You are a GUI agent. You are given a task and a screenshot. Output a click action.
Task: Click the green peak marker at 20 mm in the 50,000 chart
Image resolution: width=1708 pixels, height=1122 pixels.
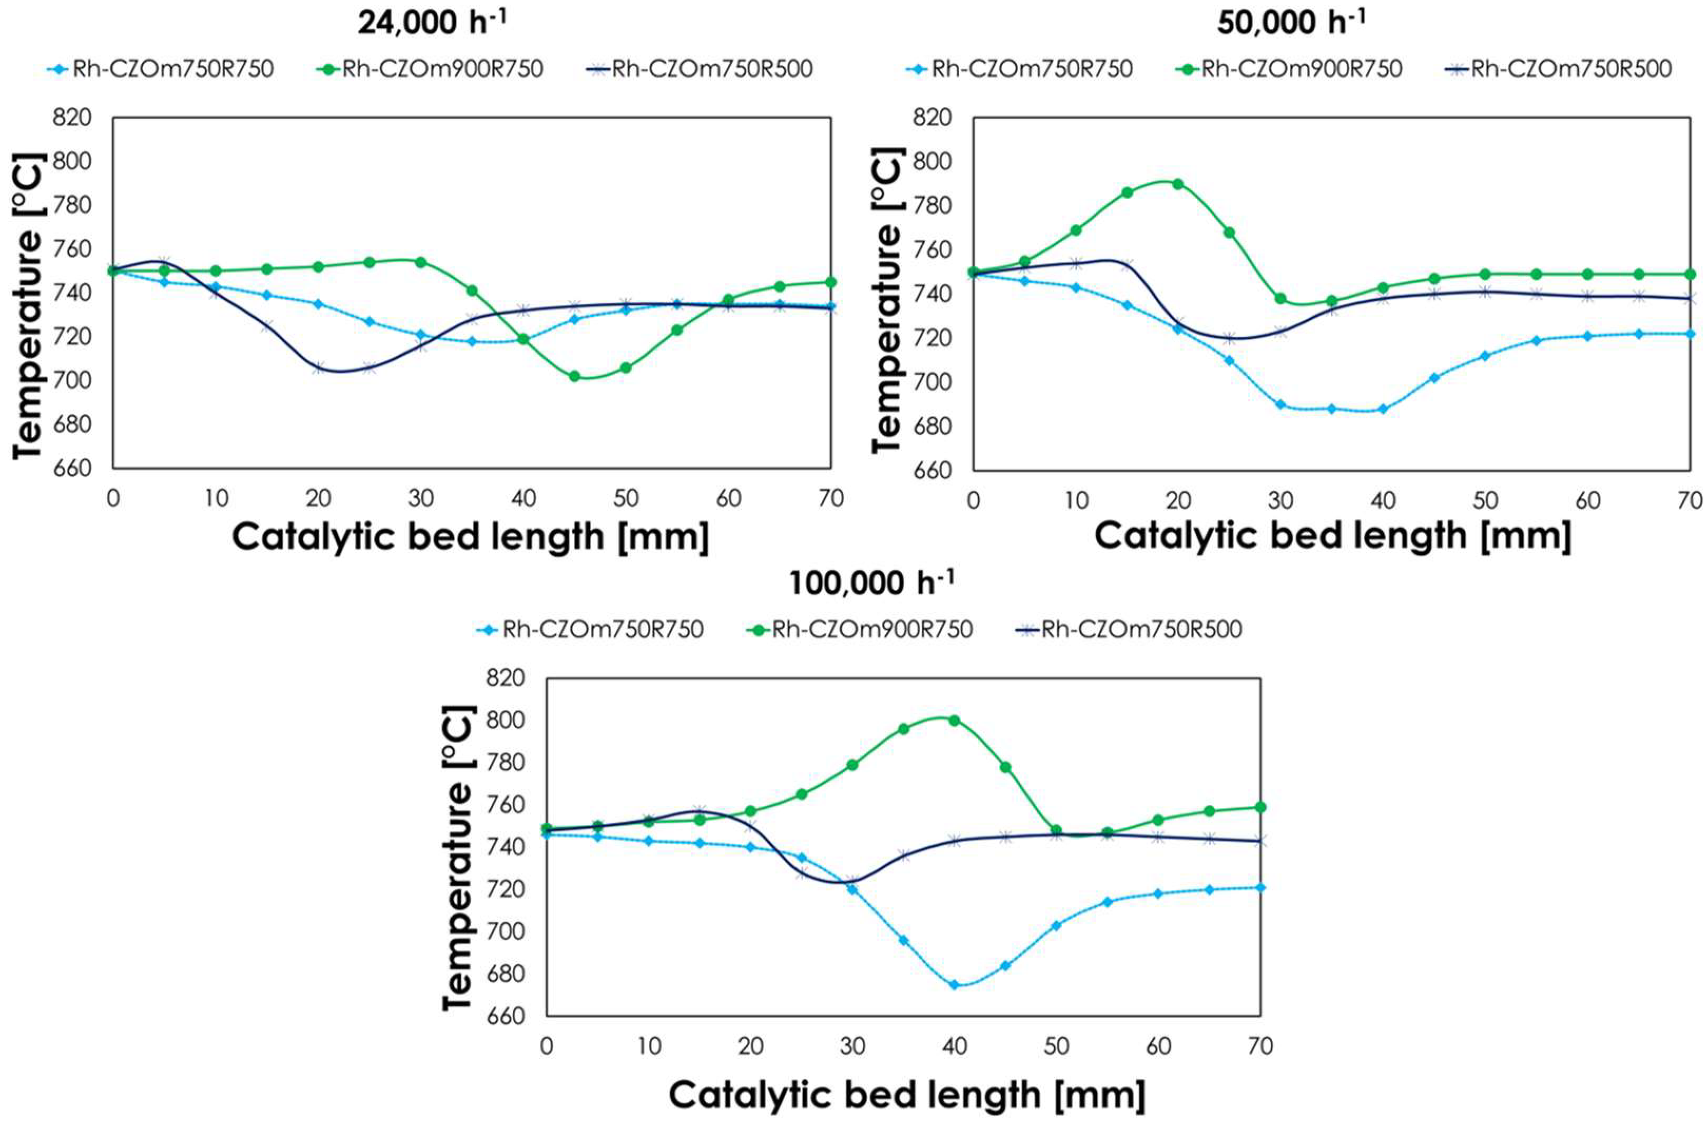[x=1178, y=183]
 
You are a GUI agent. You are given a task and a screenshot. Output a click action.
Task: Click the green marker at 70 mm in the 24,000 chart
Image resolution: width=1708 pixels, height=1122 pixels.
[x=831, y=282]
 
